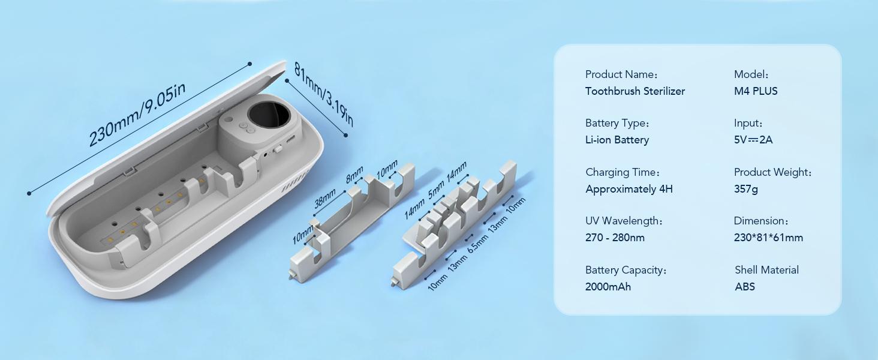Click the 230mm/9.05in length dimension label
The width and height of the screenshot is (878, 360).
pos(137,115)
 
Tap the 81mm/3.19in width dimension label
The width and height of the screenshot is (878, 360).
pos(324,95)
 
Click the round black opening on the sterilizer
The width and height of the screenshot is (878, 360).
pos(269,115)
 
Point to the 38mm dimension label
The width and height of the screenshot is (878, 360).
pos(325,198)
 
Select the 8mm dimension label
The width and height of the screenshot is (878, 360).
pos(354,175)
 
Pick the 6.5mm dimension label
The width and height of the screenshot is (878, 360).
pos(478,244)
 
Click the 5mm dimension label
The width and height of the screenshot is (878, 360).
pos(436,189)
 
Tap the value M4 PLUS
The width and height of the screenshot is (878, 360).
pos(755,91)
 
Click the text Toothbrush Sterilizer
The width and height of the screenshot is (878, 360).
pos(635,91)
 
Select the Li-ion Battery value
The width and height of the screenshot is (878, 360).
pos(617,140)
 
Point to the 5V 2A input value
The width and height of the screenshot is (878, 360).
pos(753,140)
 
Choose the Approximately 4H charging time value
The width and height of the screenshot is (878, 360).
pos(629,189)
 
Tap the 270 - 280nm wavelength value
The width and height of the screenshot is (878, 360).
pos(615,238)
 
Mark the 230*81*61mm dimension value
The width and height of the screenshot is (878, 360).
pos(768,238)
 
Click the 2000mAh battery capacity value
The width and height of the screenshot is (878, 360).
pos(608,287)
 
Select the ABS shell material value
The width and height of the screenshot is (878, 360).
pos(745,287)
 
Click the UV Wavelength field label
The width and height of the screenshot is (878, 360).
pos(624,221)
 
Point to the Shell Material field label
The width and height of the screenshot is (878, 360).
pos(766,270)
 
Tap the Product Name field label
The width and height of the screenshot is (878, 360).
pos(621,74)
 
